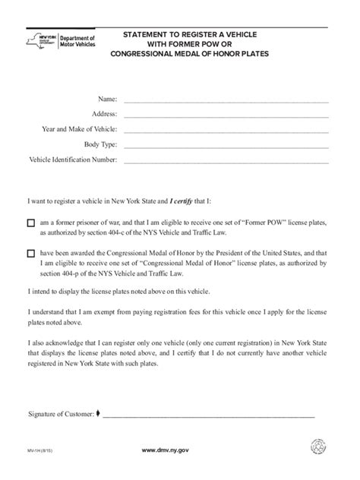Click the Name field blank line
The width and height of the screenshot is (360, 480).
tap(226, 100)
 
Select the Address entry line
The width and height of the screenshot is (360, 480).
tap(226, 115)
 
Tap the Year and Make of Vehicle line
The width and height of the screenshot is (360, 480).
tap(226, 130)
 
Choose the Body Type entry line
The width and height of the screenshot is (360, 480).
tap(226, 145)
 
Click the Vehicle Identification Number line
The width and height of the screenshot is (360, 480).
tap(226, 160)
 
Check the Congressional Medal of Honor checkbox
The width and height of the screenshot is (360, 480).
tap(31, 254)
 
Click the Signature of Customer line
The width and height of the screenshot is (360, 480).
tap(208, 415)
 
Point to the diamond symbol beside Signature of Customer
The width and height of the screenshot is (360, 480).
tap(97, 414)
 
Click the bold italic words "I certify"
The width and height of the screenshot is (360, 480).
tap(184, 201)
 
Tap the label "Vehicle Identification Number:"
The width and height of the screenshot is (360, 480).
tap(73, 159)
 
